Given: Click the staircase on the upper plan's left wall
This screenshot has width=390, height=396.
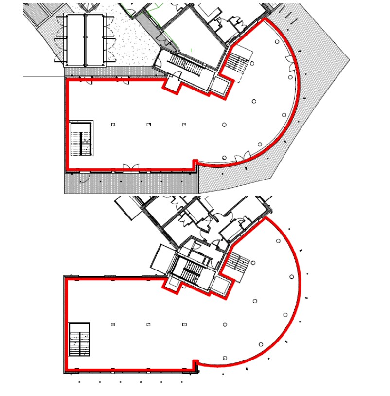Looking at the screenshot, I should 81,139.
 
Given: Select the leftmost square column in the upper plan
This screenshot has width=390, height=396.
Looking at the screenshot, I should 113,125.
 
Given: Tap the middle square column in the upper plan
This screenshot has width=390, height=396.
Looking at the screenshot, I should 149,125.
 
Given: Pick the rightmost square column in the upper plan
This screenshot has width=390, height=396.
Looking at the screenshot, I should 184,125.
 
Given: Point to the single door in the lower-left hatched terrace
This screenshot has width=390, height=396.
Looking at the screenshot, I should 83,178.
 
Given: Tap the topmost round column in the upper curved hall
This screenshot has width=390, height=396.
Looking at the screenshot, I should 277,42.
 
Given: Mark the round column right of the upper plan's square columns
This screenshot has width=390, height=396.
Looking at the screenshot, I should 224,125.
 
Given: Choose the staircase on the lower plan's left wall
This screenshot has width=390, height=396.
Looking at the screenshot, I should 80,339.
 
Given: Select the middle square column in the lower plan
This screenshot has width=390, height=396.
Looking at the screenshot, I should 149,324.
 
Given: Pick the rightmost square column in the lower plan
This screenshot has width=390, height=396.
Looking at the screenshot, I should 184,324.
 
